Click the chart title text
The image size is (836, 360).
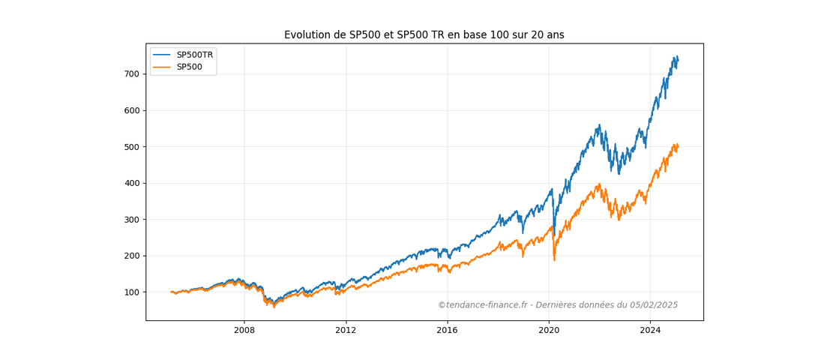[x=424, y=35]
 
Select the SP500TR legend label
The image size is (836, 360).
[x=194, y=55]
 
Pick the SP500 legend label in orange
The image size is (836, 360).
[x=189, y=67]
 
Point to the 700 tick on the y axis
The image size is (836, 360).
[x=131, y=74]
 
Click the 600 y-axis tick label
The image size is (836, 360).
[x=131, y=110]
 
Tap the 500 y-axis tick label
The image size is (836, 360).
[x=131, y=147]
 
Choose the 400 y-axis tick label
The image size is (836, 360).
[x=131, y=183]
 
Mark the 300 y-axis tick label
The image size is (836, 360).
[x=131, y=220]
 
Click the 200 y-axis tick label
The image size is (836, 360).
[x=131, y=256]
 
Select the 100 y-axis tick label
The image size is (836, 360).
[x=131, y=292]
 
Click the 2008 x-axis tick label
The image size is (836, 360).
[x=244, y=330]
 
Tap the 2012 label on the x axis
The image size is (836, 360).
[x=346, y=330]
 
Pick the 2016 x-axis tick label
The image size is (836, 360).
[x=447, y=330]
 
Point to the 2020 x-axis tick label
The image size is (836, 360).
[x=549, y=330]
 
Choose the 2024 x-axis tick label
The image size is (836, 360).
[x=650, y=330]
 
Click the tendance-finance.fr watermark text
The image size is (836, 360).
[x=484, y=305]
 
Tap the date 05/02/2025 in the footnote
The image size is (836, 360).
[x=652, y=305]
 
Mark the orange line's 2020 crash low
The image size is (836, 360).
[x=554, y=259]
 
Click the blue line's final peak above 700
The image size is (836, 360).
[x=676, y=57]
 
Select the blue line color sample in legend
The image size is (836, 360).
[x=162, y=55]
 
